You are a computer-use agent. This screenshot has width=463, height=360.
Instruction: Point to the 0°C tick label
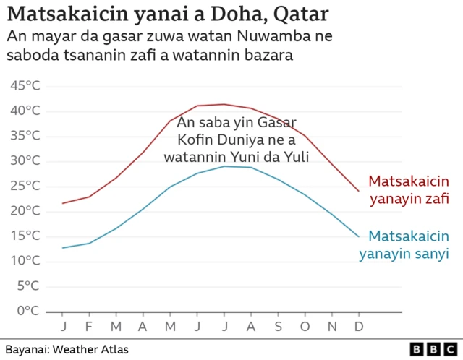[x=27, y=311]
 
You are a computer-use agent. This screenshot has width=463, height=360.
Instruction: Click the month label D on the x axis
[x=358, y=325]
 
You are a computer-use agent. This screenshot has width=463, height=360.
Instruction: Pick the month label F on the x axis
[x=90, y=325]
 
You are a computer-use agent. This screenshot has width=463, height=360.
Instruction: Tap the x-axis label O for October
[x=305, y=325]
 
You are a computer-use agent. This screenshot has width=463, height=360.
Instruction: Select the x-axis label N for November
[x=331, y=325]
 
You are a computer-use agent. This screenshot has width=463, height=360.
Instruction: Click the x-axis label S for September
[x=278, y=325]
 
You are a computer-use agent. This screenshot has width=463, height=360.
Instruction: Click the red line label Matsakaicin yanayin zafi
[x=409, y=189]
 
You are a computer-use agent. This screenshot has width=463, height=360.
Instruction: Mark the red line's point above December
[x=358, y=192]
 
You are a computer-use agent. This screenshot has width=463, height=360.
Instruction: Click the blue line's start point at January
[x=63, y=248]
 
